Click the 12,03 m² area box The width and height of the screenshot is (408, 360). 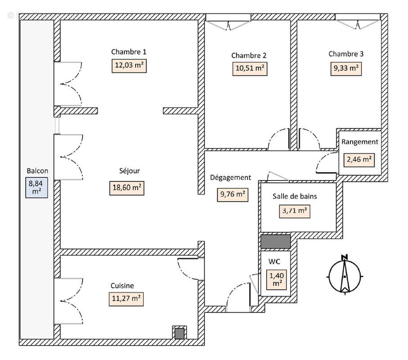130,65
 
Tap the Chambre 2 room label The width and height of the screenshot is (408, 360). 249,55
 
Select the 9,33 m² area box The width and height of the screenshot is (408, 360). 345,68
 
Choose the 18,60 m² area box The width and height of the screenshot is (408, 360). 126,188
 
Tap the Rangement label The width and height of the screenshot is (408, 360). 359,142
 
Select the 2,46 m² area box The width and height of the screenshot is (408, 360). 359,159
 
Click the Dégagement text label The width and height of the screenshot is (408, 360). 230,177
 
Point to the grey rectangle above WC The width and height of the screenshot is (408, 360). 276,241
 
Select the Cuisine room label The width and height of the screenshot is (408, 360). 122,285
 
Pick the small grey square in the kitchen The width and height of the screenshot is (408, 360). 179,333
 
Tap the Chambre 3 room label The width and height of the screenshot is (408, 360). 345,54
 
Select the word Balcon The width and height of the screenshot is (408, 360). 37,171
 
